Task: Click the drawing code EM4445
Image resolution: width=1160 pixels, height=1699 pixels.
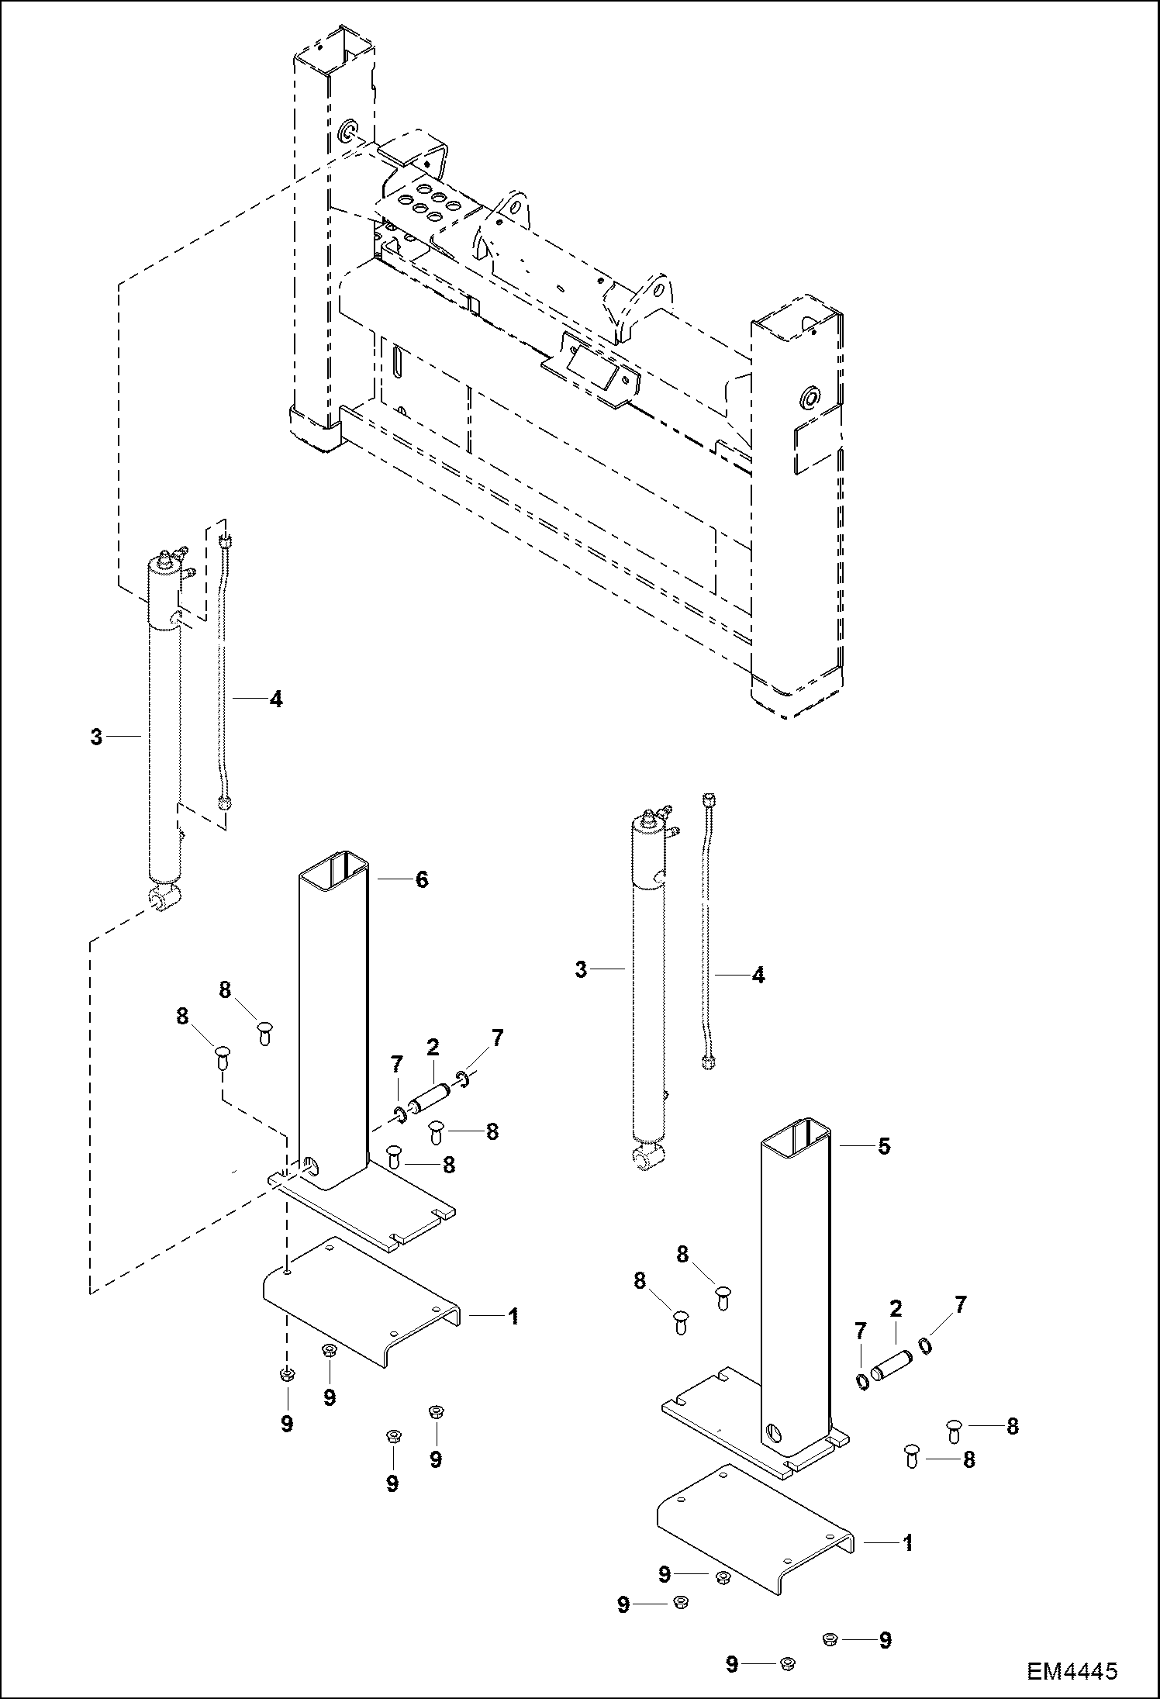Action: pos(1072,1669)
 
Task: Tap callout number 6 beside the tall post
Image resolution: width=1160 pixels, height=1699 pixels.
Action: pos(422,879)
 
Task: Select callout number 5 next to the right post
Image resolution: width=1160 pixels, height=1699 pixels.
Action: pos(884,1146)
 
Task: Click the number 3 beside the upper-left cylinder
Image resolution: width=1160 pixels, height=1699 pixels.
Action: pos(96,737)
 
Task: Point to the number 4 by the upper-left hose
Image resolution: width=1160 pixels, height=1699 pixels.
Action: pos(275,699)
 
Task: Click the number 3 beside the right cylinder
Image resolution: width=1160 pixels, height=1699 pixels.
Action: pos(582,970)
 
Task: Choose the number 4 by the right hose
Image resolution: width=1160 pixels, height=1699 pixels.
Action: pos(758,976)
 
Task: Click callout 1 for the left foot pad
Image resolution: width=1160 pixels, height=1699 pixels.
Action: pos(512,1316)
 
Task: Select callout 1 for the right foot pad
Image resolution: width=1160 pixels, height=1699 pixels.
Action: pos(907,1543)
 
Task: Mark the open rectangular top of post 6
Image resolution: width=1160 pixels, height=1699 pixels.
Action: pos(333,866)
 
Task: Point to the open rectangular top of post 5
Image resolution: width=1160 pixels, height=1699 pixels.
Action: pos(796,1131)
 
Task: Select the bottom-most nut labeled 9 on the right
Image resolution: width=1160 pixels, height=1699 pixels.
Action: pos(785,1663)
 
